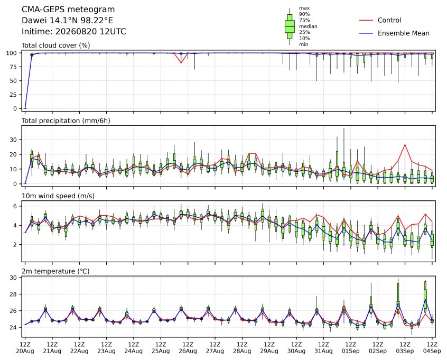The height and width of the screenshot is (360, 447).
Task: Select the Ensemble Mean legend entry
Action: [394, 33]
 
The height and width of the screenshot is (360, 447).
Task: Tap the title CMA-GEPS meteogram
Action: [68, 10]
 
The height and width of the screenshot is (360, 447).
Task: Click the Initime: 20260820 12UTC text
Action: [74, 31]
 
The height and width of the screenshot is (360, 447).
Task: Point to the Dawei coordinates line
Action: [67, 21]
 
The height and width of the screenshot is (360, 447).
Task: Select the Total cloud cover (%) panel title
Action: [56, 45]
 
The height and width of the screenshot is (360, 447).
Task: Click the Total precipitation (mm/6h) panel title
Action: [66, 121]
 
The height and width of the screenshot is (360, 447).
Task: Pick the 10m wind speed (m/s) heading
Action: [58, 196]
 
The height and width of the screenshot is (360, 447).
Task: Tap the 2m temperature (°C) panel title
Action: [55, 271]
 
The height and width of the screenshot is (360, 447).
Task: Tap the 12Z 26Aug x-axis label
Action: [188, 348]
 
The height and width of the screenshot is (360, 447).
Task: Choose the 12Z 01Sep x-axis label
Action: [351, 348]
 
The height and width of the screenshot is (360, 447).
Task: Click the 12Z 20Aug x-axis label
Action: [25, 348]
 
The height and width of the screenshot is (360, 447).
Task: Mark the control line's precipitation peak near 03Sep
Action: [405, 145]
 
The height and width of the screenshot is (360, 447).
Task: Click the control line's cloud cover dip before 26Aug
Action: [181, 63]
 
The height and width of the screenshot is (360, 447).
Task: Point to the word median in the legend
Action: [308, 26]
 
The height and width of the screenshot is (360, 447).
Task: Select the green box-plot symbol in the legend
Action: [290, 26]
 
